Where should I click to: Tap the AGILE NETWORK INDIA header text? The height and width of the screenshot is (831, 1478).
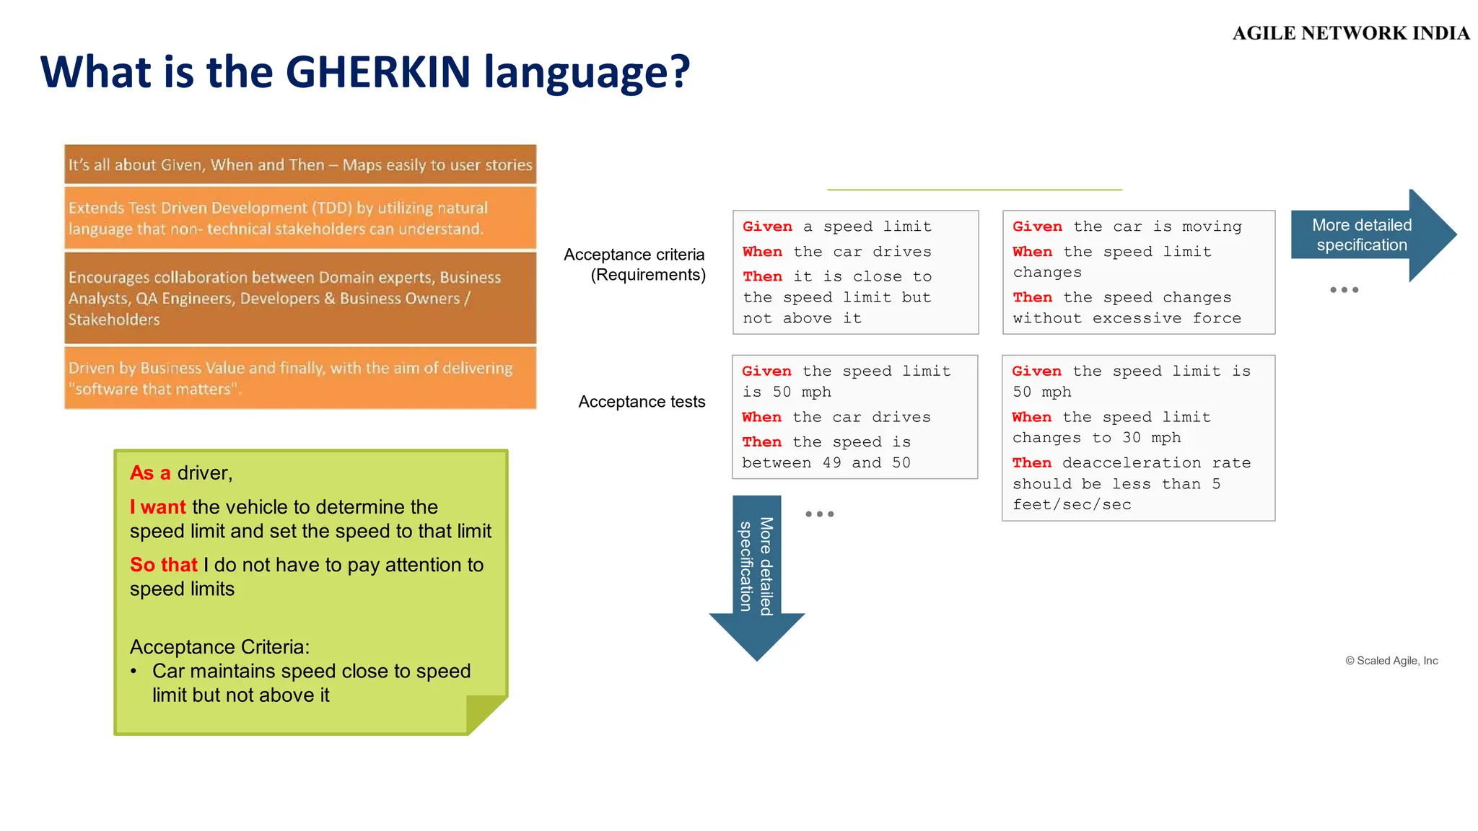[x=1350, y=33]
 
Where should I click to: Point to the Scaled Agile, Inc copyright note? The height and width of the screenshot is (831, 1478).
[x=1391, y=661]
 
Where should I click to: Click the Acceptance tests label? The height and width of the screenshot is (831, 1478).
[x=642, y=402]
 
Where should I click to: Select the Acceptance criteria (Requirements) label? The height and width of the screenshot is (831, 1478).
[x=635, y=265]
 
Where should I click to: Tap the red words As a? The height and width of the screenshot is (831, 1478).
[x=150, y=473]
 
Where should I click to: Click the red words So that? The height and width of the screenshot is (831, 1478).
[x=164, y=565]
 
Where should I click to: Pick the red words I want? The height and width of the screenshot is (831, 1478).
[x=158, y=507]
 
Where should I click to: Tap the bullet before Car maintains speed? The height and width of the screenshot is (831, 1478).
[x=134, y=672]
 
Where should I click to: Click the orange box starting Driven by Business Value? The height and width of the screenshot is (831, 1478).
[x=300, y=378]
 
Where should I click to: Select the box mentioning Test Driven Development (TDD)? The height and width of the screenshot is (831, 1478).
[x=300, y=219]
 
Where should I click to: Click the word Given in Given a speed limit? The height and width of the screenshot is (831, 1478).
[x=767, y=227]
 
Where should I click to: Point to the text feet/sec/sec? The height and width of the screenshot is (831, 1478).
[x=1072, y=505]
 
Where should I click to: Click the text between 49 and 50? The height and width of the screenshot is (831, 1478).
[x=826, y=463]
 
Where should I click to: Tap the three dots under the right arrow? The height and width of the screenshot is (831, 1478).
[x=1344, y=290]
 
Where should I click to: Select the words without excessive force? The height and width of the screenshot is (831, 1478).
[x=1127, y=319]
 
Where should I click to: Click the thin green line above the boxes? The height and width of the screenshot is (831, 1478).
[x=974, y=190]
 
